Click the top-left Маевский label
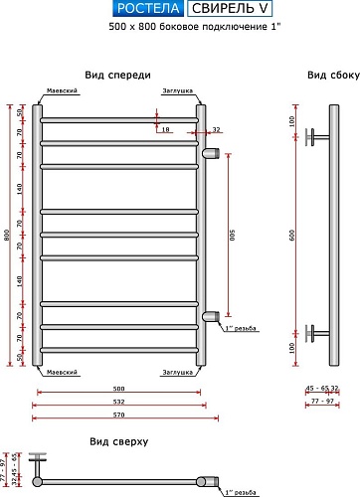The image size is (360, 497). (63, 90)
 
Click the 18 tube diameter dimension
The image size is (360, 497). (166, 129)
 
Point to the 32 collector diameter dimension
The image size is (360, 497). (215, 129)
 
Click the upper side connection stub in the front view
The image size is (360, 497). (210, 154)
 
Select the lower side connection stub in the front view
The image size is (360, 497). (210, 316)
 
